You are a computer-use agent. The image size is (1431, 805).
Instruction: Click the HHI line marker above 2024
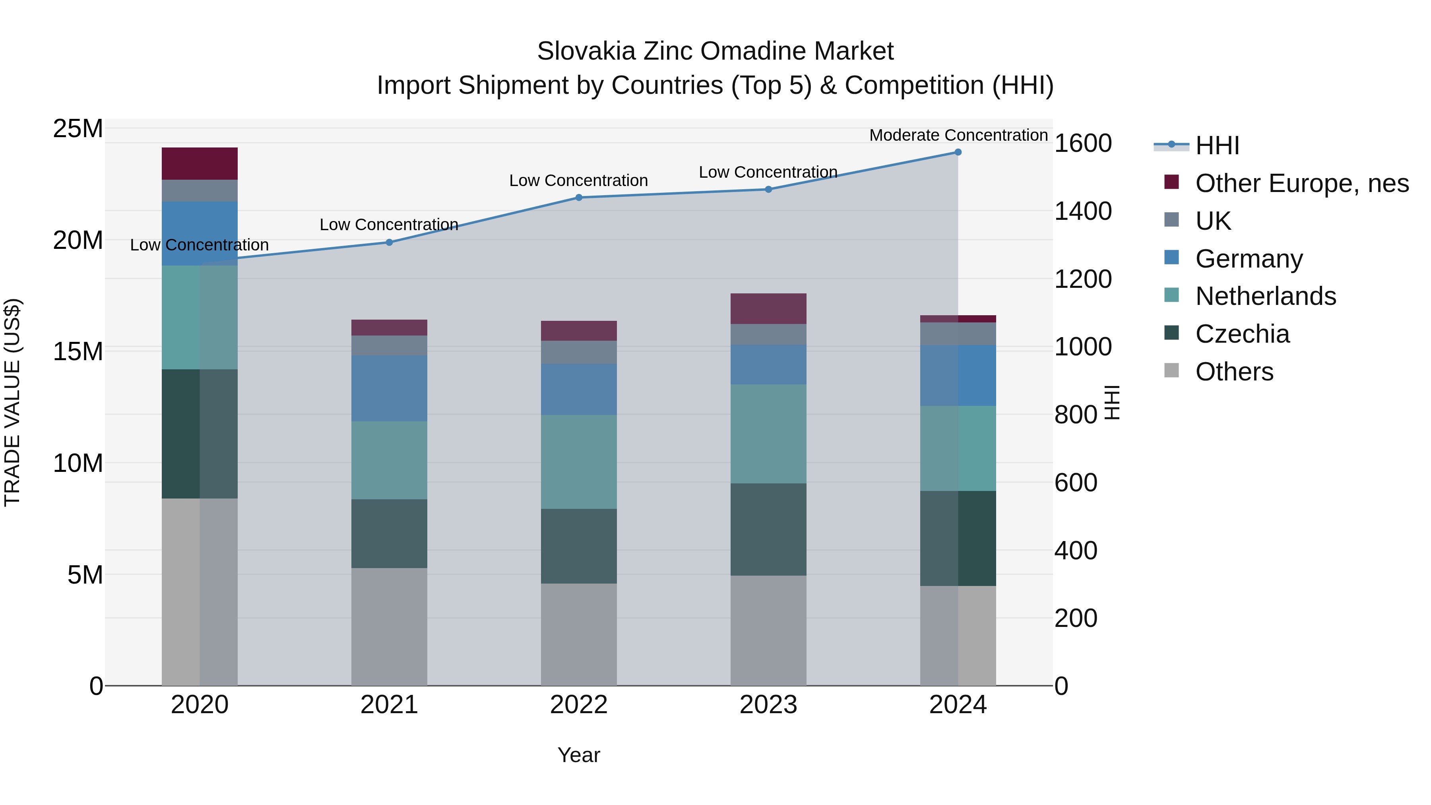coord(958,152)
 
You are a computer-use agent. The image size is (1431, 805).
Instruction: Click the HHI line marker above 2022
coord(579,197)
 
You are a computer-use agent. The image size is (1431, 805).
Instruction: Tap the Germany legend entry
coord(1248,259)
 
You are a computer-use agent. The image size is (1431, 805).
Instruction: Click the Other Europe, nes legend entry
coord(1301,183)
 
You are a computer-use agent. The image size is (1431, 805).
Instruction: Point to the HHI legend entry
coord(1217,145)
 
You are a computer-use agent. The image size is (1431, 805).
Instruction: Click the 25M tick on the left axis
coord(78,129)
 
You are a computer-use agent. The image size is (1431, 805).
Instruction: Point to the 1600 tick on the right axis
coord(1083,144)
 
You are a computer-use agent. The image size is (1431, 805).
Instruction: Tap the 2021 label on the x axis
coord(389,705)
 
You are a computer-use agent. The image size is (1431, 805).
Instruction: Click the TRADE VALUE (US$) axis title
coord(12,402)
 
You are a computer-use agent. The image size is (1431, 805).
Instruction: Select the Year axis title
coord(579,755)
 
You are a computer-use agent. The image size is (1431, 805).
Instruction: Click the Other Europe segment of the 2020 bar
coord(200,163)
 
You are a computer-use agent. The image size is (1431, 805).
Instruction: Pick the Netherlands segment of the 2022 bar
coord(579,462)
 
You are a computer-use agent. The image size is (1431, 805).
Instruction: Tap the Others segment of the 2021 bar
coord(389,626)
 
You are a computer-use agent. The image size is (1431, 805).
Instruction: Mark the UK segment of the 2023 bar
coord(768,334)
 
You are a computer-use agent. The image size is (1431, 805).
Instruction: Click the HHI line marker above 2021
coord(389,242)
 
